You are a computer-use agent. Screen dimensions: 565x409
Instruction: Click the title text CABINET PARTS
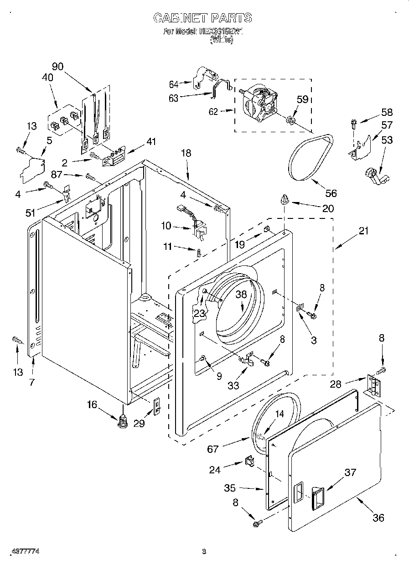pyautogui.click(x=202, y=18)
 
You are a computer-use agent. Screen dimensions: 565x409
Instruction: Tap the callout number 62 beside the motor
pyautogui.click(x=213, y=111)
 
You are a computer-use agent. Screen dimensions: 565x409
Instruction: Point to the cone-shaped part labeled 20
pyautogui.click(x=285, y=199)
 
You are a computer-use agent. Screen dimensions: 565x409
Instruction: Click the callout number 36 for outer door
pyautogui.click(x=378, y=517)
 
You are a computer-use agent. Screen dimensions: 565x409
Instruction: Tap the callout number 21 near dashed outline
pyautogui.click(x=363, y=231)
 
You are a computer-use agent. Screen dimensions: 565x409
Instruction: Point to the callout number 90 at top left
pyautogui.click(x=57, y=66)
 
